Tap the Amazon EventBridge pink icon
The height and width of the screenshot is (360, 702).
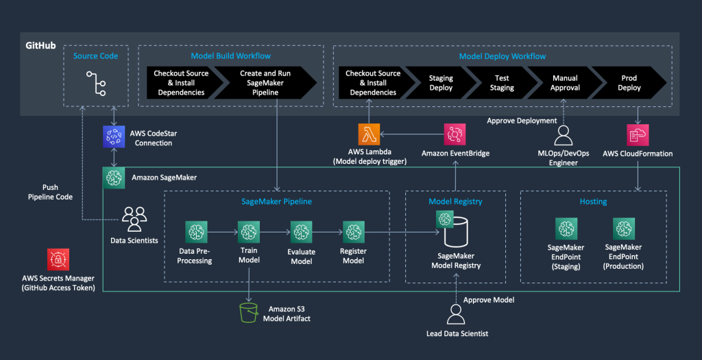click(456, 134)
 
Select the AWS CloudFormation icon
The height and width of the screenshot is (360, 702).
click(638, 134)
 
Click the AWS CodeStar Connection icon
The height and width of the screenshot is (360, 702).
click(113, 136)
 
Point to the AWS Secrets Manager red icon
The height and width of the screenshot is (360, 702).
click(58, 259)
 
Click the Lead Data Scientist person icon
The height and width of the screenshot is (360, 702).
click(455, 315)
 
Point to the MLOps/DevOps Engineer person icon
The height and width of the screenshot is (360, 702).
click(564, 134)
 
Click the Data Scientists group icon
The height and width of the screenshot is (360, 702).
click(135, 219)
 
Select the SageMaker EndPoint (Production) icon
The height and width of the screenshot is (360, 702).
click(623, 229)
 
